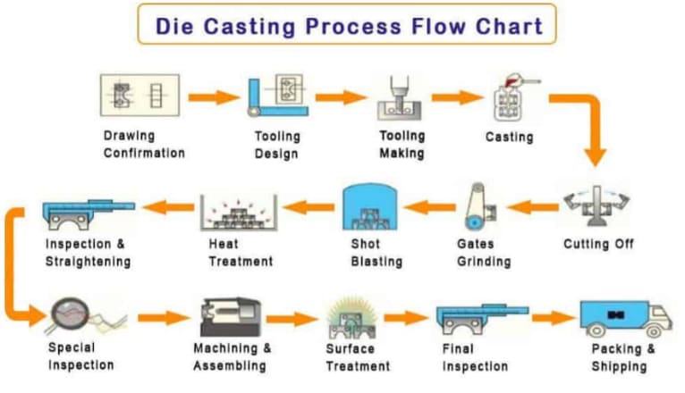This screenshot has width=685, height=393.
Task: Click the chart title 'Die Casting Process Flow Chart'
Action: (349, 24)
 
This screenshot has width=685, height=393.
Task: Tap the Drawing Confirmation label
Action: (144, 145)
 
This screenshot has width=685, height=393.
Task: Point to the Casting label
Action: (509, 138)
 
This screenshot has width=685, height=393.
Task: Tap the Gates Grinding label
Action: (482, 253)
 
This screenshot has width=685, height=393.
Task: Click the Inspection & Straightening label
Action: (88, 253)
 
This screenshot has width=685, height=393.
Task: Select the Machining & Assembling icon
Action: (231, 314)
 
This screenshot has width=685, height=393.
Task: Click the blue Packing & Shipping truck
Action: (625, 317)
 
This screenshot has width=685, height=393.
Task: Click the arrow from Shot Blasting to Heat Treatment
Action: (309, 209)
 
